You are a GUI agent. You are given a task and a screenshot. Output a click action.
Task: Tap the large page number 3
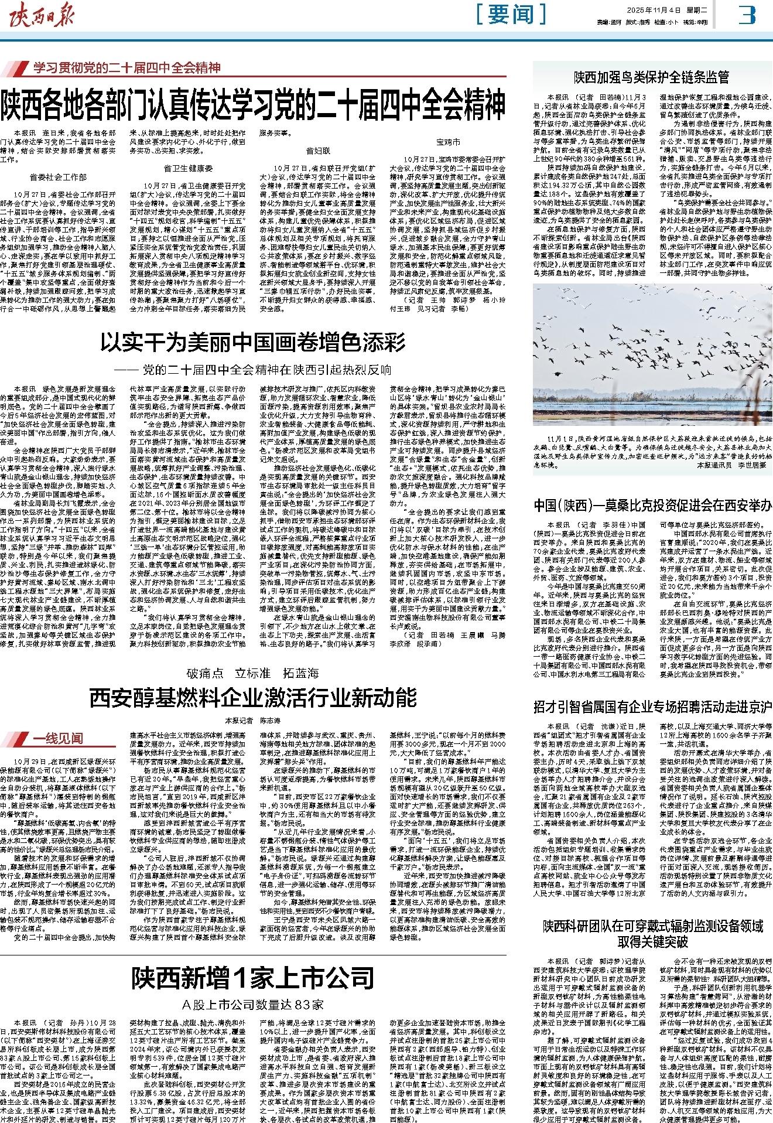pos(747,15)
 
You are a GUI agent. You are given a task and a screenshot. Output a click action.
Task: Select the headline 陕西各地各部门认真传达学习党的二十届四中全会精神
pos(253,103)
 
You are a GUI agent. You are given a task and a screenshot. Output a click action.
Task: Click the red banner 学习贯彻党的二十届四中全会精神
pos(126,68)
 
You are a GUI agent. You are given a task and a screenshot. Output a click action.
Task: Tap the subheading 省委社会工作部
pos(59,176)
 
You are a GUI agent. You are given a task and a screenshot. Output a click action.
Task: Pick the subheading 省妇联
pos(319,151)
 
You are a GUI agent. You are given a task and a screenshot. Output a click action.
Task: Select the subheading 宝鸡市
pos(448,142)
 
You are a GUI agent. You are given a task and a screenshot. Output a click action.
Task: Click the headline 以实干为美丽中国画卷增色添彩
pos(253,342)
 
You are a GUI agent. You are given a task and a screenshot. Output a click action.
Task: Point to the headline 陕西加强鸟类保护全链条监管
pos(651,77)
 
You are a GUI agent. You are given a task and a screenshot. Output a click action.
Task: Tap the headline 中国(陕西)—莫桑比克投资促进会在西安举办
pos(652,505)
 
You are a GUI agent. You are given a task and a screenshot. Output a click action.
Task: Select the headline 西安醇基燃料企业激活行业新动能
pos(253,698)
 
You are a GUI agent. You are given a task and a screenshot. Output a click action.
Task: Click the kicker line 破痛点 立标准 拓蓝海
pos(253,673)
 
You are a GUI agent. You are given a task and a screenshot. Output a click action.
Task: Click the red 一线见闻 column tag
pos(57,738)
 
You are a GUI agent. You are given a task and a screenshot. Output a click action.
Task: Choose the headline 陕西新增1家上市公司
pos(253,977)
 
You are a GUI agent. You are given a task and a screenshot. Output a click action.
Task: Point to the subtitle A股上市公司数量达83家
pos(253,1004)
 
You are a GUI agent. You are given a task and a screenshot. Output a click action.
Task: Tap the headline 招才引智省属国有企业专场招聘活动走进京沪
pos(652,706)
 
